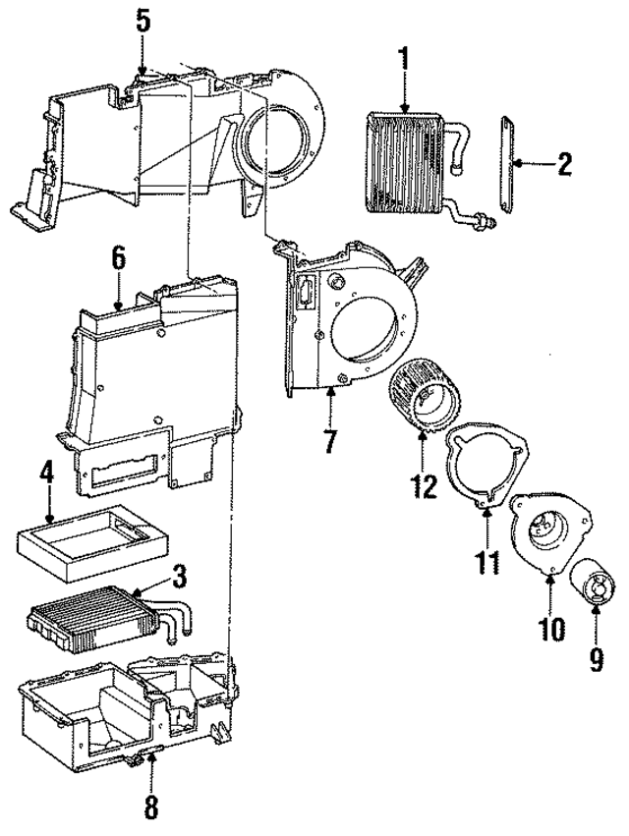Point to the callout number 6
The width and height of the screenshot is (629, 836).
tap(118, 258)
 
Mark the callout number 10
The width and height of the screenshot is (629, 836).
tap(551, 627)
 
